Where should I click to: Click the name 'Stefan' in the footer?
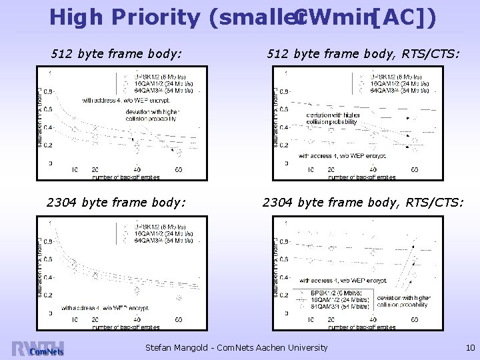click(x=163, y=347)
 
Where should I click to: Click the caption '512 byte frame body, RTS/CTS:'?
click(x=362, y=51)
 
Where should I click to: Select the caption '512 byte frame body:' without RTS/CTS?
click(x=117, y=51)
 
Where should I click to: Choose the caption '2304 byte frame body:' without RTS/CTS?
click(x=116, y=202)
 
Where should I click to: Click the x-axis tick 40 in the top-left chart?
click(x=138, y=169)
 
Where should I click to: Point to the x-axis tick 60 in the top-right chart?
click(x=414, y=169)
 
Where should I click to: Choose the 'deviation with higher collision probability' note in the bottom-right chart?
click(x=404, y=301)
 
